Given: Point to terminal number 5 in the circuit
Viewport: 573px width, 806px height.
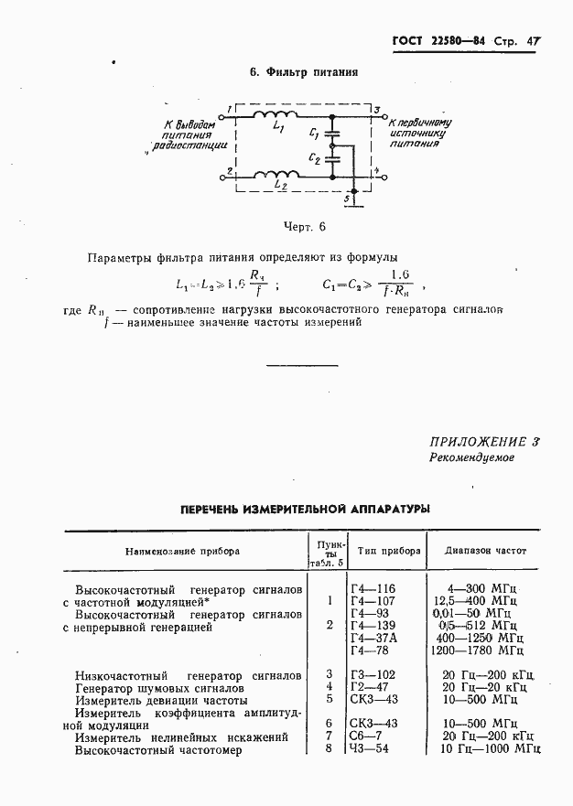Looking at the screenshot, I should [x=346, y=199].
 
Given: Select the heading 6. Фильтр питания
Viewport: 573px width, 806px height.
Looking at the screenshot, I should [x=304, y=72].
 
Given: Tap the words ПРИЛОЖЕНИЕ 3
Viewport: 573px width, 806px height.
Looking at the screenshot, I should [x=484, y=441].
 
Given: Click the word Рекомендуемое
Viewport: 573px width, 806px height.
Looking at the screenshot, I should [x=472, y=457].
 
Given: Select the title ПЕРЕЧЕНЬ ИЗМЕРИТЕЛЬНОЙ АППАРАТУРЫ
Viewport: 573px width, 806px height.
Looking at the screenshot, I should [x=305, y=509].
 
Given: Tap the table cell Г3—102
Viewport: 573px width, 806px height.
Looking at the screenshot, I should [x=373, y=674].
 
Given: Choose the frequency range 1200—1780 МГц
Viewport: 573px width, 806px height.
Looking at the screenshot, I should [x=478, y=650].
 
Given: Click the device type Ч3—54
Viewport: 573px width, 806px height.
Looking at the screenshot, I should [x=370, y=749].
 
